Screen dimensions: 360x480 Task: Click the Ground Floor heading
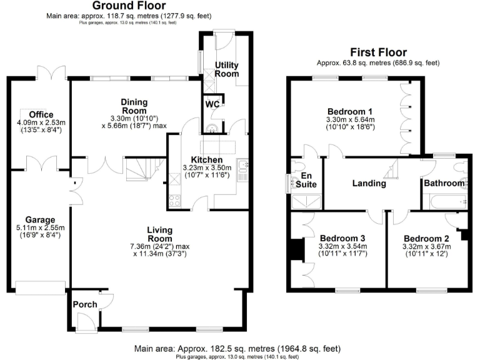[x=125, y=5]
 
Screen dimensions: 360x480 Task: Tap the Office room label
[x=41, y=114]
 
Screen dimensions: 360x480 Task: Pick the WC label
[x=213, y=104]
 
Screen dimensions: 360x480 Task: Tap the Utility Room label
[x=227, y=69]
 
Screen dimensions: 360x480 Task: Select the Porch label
[x=84, y=304]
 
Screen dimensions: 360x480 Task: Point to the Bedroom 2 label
[x=427, y=238]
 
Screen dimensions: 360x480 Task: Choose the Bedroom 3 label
[x=342, y=238]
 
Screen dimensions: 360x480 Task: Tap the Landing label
[x=369, y=184]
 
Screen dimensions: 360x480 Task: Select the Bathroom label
[x=444, y=184]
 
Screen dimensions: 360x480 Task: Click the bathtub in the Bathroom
[x=445, y=201]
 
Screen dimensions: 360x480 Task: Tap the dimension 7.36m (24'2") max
[x=160, y=246]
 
